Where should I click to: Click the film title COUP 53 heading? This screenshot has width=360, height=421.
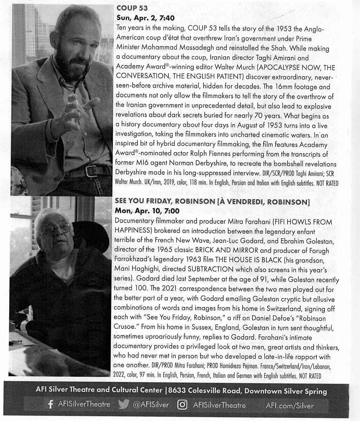coord(132,8)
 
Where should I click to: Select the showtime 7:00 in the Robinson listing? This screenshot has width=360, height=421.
coord(171,211)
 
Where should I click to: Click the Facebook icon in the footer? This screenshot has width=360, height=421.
coord(51,405)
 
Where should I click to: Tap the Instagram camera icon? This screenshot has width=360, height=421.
coord(182,405)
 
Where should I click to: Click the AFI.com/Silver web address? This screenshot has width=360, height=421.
coord(290,406)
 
